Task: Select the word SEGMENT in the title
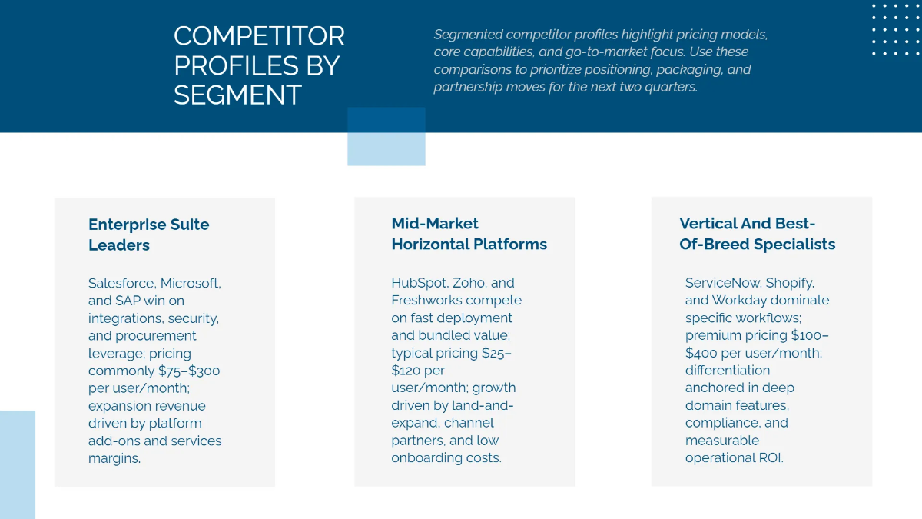[x=237, y=95]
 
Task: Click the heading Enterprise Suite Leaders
[x=148, y=235]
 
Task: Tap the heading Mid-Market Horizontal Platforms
[x=469, y=234]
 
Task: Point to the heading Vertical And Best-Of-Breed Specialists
[x=757, y=234]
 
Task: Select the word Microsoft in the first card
[x=190, y=283]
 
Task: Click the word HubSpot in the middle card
[x=418, y=282]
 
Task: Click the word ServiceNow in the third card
[x=721, y=282]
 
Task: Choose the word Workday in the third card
[x=738, y=300]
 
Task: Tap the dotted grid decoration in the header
[x=895, y=29]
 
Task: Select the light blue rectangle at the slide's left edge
[x=17, y=464]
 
